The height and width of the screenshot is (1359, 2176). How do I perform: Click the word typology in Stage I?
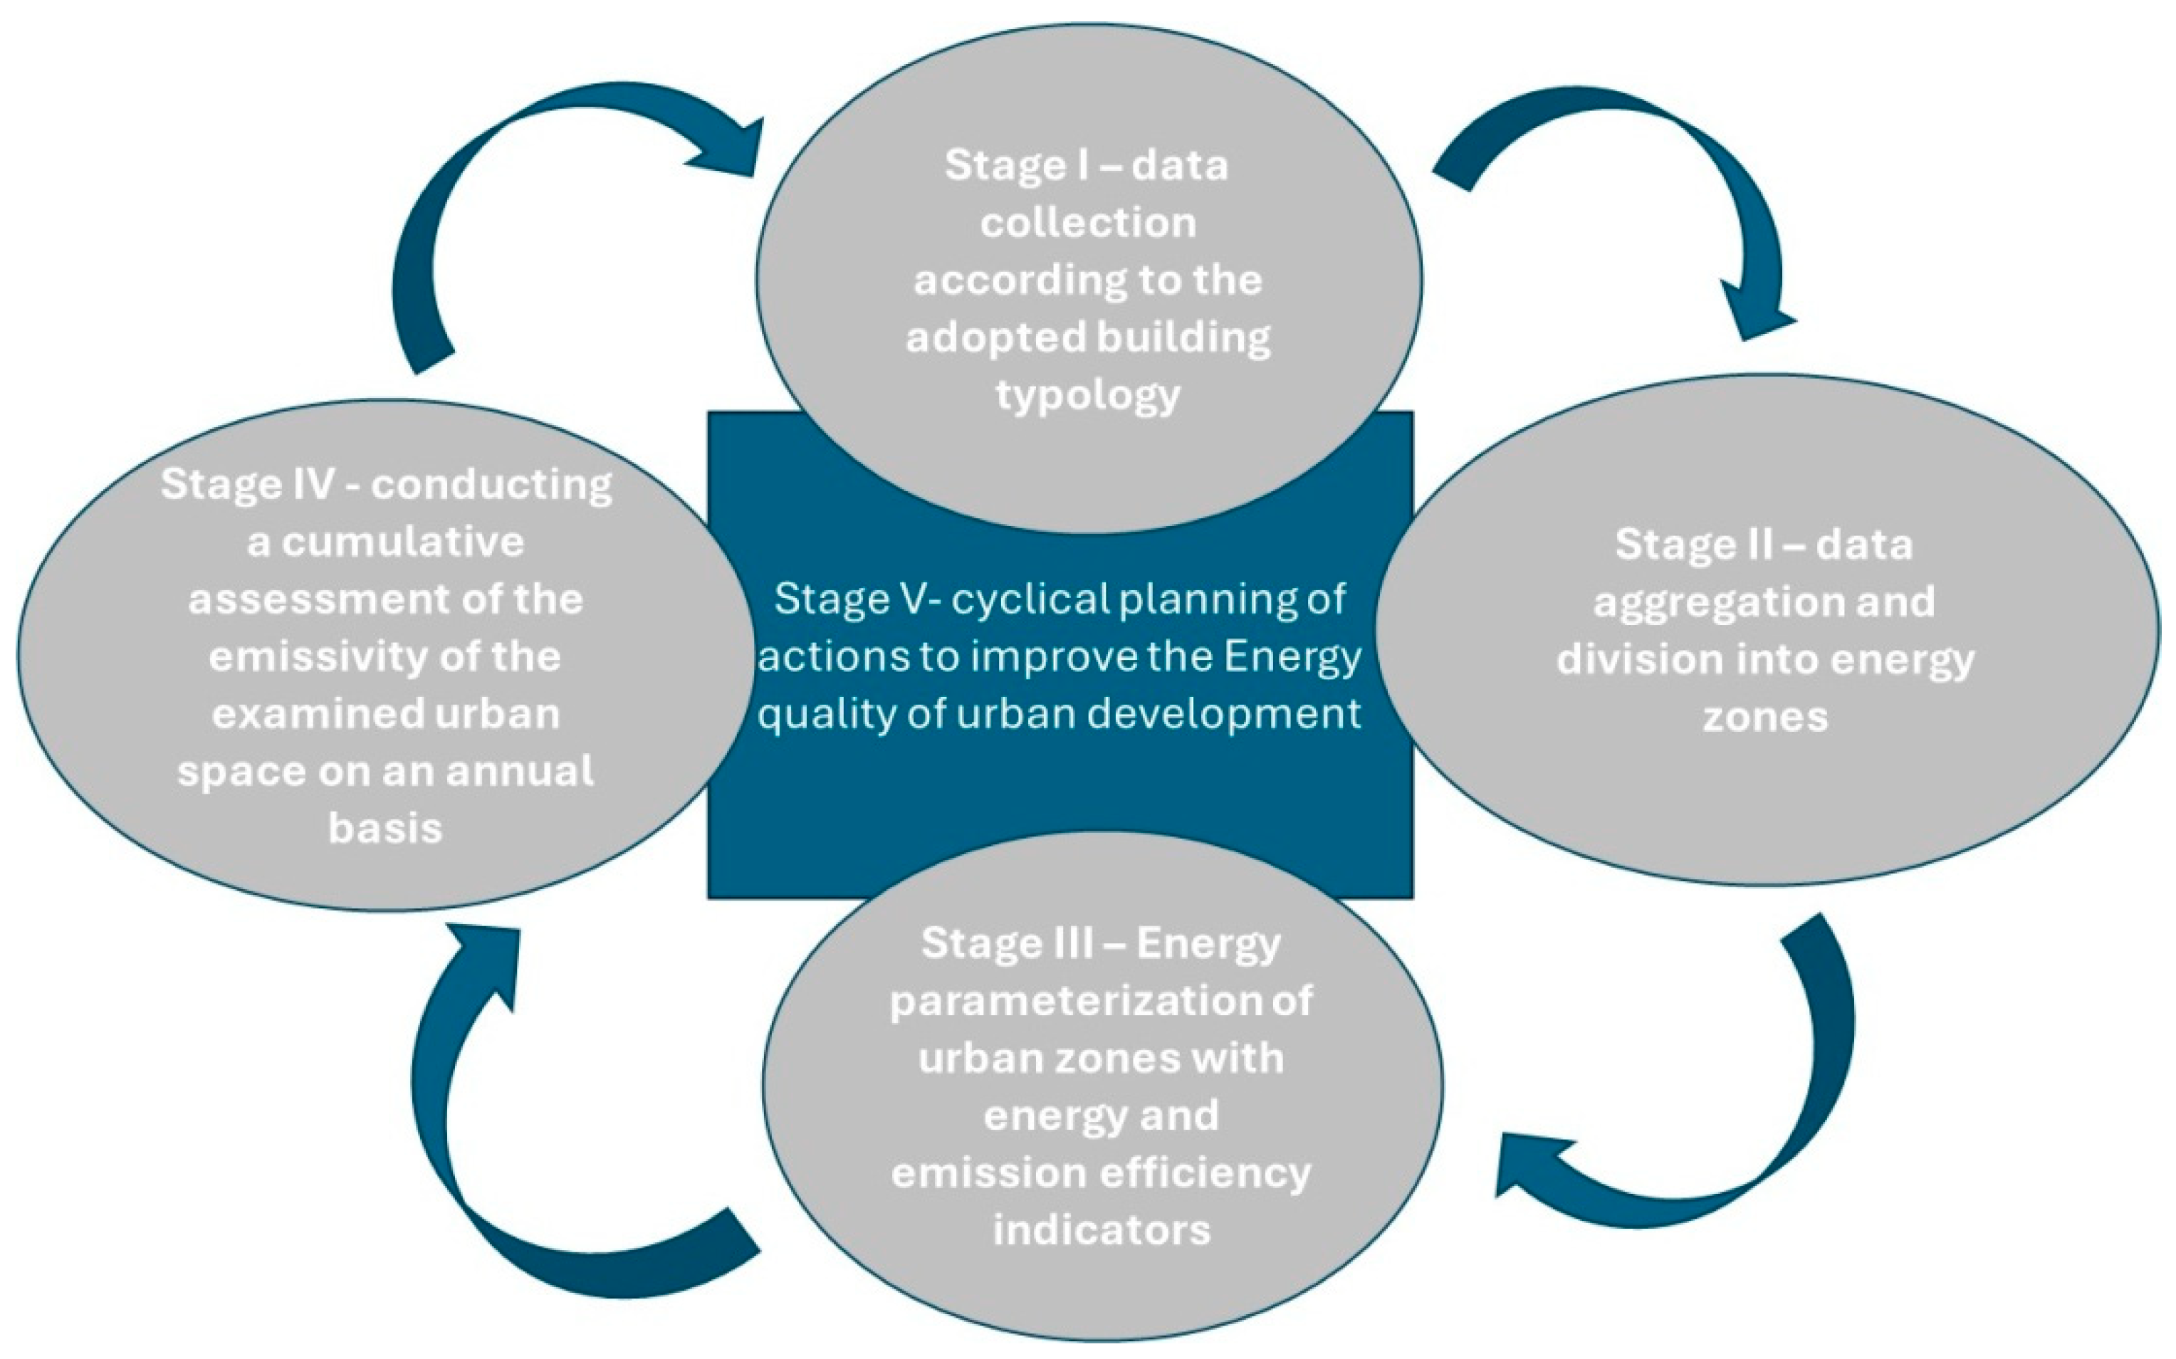pos(1087,396)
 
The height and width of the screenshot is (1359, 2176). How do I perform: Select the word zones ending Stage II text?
pos(1765,718)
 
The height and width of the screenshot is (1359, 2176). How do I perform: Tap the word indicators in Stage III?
pos(1101,1229)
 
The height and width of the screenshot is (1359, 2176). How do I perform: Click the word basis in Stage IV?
pos(386,828)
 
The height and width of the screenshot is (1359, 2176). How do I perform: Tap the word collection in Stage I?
pos(1087,223)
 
